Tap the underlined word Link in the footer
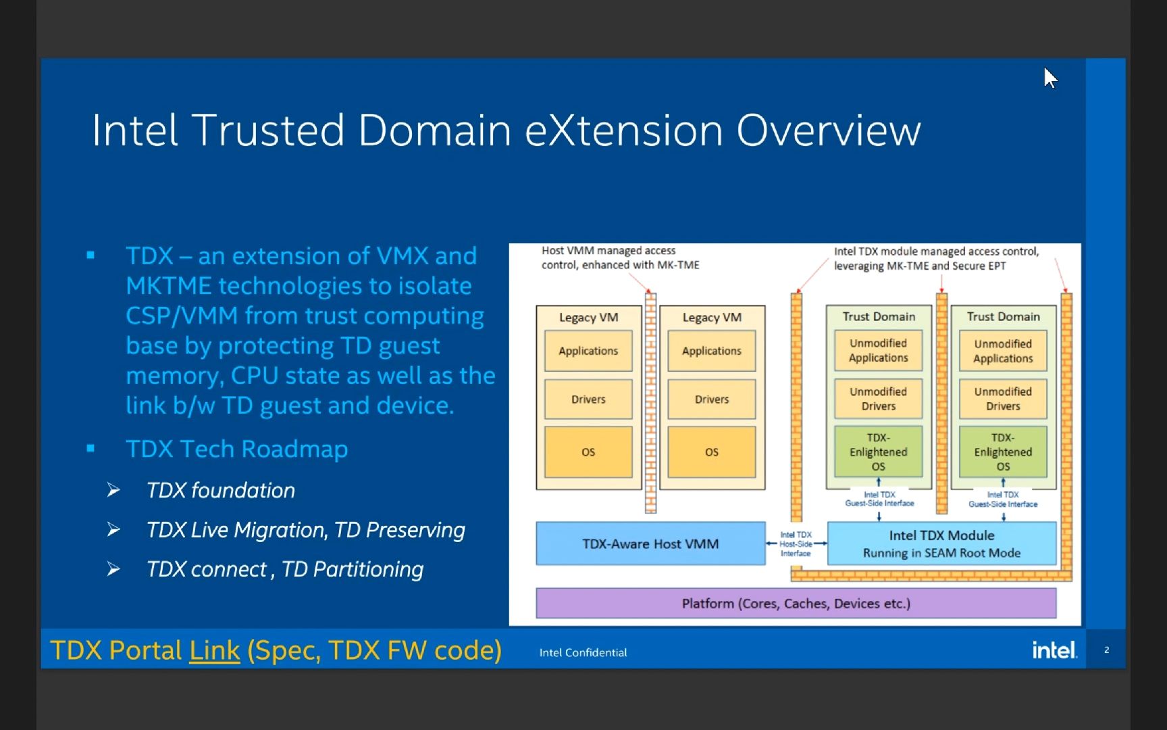click(214, 650)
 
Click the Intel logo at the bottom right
click(1054, 650)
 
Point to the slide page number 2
click(1106, 650)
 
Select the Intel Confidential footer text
click(583, 652)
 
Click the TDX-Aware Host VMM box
click(650, 543)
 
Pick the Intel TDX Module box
click(941, 543)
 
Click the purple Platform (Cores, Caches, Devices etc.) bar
click(796, 603)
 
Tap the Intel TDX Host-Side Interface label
click(796, 543)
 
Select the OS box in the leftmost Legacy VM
click(588, 452)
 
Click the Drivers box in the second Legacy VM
click(712, 399)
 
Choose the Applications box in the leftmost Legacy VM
click(588, 351)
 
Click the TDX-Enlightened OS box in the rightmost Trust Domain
click(1003, 452)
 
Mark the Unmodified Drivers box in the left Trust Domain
click(878, 399)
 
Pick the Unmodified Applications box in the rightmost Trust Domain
click(1003, 351)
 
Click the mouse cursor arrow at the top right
click(1049, 78)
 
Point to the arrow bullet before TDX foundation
click(113, 490)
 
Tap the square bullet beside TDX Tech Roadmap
click(90, 448)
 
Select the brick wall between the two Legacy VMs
click(650, 402)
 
